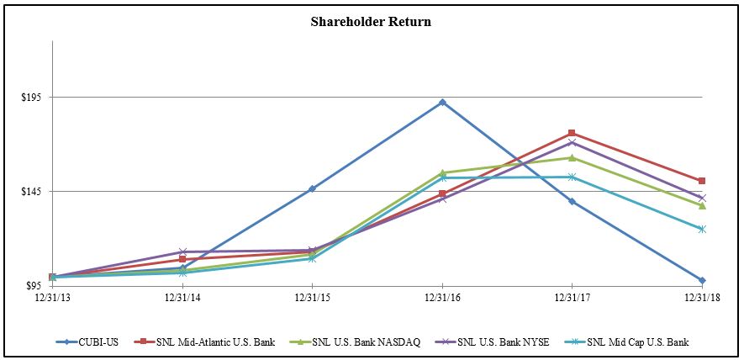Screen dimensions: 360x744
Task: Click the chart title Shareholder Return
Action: [x=371, y=22]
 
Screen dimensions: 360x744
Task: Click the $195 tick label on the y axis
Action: [x=33, y=98]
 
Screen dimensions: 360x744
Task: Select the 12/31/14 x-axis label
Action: [x=182, y=297]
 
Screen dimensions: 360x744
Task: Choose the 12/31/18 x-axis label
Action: [x=700, y=297]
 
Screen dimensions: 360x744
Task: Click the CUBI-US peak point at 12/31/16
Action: [x=442, y=103]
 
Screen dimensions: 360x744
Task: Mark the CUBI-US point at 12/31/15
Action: [x=312, y=188]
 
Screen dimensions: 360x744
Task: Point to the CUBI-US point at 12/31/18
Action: [x=702, y=280]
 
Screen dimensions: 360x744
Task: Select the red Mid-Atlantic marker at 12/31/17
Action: [x=572, y=133]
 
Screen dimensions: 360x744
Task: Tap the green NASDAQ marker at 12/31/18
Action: [x=702, y=205]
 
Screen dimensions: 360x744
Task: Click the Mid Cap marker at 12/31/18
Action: [x=702, y=229]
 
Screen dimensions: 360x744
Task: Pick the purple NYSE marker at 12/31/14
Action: [x=182, y=252]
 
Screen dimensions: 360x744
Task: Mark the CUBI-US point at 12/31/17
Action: [x=572, y=201]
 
